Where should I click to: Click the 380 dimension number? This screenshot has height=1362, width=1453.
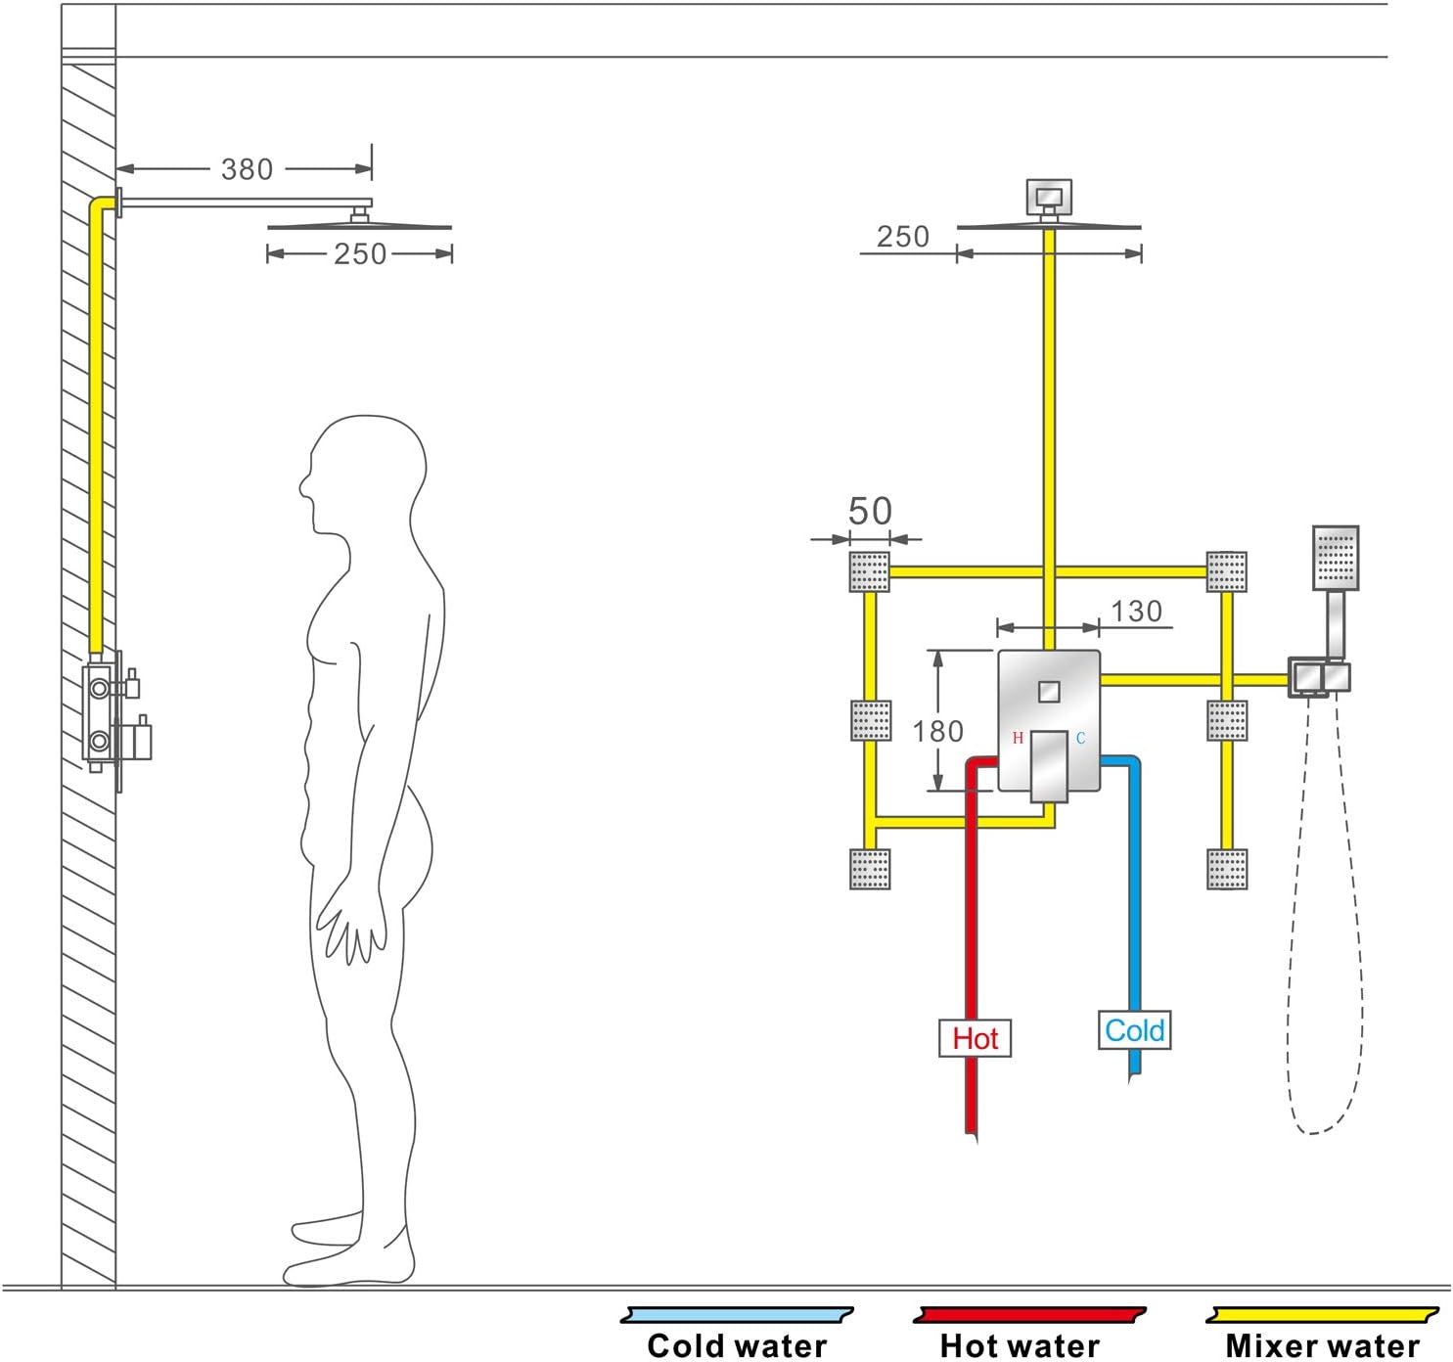pyautogui.click(x=247, y=169)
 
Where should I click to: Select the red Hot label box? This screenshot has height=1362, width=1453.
pyautogui.click(x=975, y=1038)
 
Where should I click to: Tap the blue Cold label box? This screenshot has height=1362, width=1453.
pyautogui.click(x=1134, y=1030)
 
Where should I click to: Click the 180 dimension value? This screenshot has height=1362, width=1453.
pyautogui.click(x=937, y=731)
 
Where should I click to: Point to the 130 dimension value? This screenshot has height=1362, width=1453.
pyautogui.click(x=1136, y=612)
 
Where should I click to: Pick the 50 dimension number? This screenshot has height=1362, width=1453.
pyautogui.click(x=869, y=511)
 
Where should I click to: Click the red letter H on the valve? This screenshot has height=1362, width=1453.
pyautogui.click(x=1018, y=738)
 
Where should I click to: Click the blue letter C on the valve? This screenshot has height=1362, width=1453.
pyautogui.click(x=1080, y=738)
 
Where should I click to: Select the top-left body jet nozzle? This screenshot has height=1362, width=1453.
pyautogui.click(x=869, y=571)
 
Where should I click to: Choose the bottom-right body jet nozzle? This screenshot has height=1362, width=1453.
pyautogui.click(x=1227, y=869)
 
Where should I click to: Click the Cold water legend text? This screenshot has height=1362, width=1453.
pyautogui.click(x=737, y=1345)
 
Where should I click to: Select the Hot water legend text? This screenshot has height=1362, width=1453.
pyautogui.click(x=1020, y=1345)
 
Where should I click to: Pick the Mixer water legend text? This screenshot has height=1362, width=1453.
pyautogui.click(x=1322, y=1345)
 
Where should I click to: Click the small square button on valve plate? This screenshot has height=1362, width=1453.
pyautogui.click(x=1049, y=691)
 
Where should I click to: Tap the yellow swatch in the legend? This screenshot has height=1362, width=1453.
pyautogui.click(x=1322, y=1315)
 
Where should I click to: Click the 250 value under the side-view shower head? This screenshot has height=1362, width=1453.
pyautogui.click(x=360, y=254)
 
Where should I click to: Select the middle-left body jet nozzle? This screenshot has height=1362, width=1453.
pyautogui.click(x=869, y=721)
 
